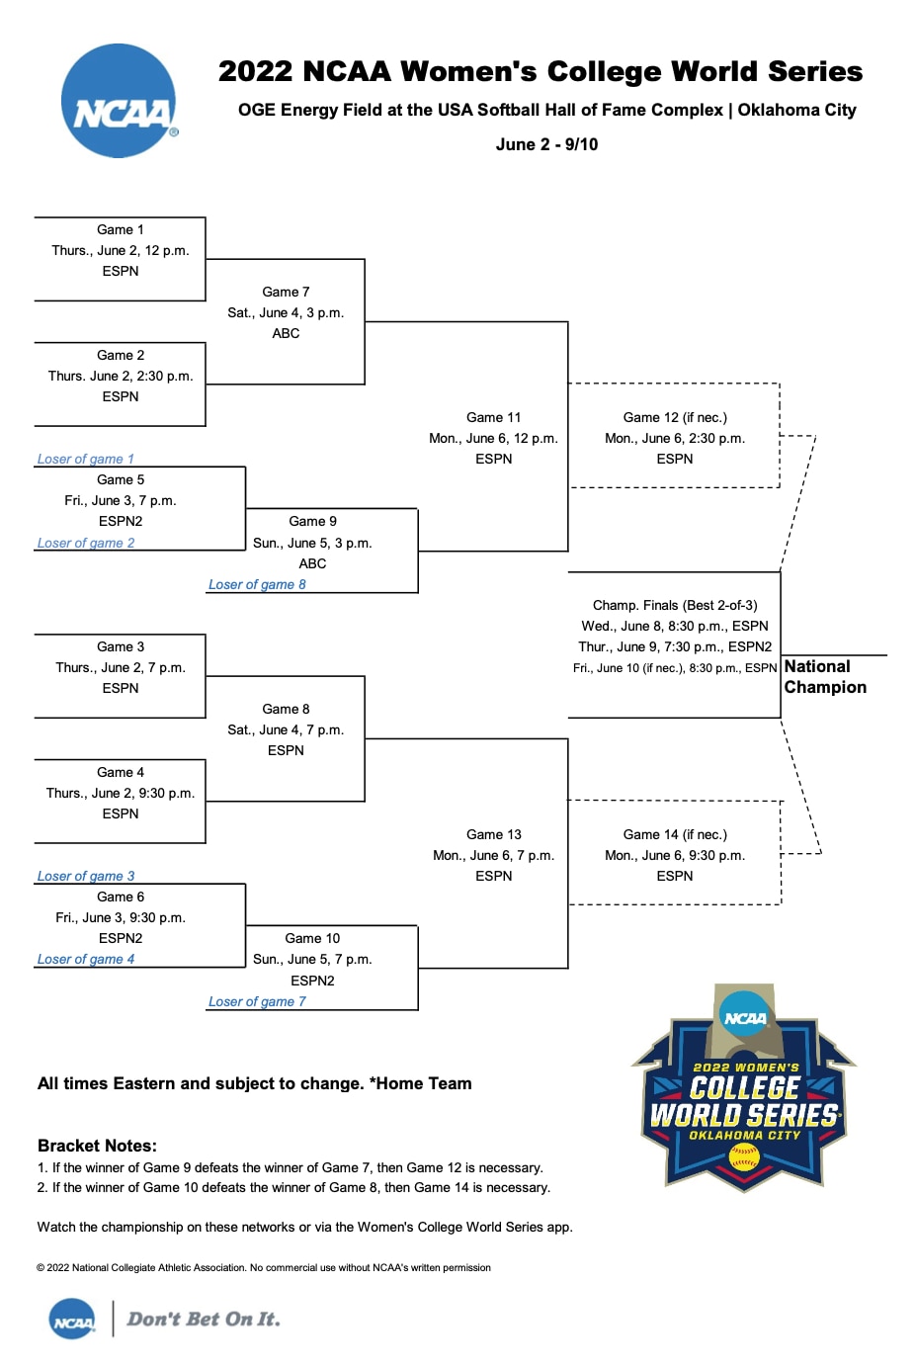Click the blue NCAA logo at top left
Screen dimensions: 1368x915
[119, 101]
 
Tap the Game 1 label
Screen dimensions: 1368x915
[121, 229]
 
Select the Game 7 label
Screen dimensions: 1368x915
[286, 292]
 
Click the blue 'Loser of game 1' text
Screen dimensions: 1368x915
[85, 459]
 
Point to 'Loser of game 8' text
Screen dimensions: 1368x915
[257, 584]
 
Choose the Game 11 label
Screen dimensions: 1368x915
[493, 417]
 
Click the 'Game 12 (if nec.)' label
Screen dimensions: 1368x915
[675, 417]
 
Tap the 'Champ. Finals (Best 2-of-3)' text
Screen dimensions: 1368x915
[675, 605]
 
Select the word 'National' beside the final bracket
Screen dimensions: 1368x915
[817, 666]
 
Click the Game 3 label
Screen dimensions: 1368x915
[121, 646]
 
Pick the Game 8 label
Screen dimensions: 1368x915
[286, 709]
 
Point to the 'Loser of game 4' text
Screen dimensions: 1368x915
[85, 959]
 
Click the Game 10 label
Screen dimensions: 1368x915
[312, 938]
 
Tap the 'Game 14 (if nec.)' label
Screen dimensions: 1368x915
[675, 834]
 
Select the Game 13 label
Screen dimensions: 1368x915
[493, 834]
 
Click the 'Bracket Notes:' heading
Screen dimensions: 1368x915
[97, 1146]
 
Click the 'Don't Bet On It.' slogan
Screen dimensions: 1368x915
[204, 1319]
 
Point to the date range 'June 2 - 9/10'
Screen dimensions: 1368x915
[546, 144]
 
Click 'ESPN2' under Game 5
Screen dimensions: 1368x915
[121, 521]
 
